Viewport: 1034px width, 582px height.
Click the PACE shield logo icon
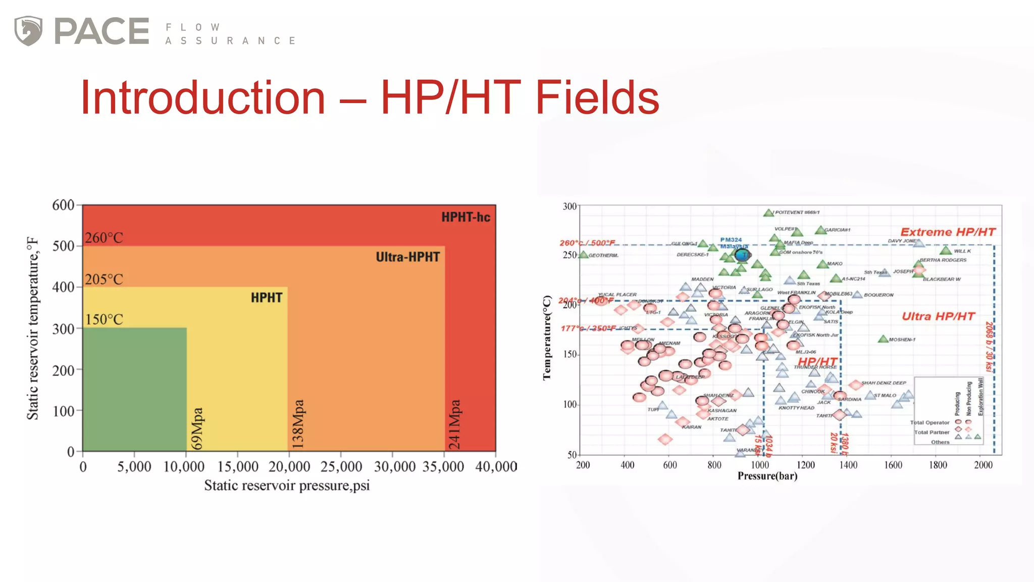click(28, 31)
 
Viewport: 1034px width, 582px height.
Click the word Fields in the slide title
click(597, 98)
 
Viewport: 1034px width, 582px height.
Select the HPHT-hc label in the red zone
click(466, 217)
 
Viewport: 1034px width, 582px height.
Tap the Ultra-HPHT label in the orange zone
click(407, 257)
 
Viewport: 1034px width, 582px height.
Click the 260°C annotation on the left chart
click(104, 237)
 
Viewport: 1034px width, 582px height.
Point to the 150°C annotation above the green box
click(104, 319)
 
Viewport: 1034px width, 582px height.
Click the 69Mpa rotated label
click(197, 428)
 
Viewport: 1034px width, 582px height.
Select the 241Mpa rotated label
click(455, 424)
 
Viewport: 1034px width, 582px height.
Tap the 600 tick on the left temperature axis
click(64, 205)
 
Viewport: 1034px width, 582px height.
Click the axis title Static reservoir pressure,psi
click(287, 486)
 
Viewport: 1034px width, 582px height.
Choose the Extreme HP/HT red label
click(948, 232)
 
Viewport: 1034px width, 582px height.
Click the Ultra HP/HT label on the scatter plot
click(938, 316)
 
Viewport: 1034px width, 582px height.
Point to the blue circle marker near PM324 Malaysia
click(742, 255)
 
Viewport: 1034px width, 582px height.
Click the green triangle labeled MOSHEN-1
click(883, 339)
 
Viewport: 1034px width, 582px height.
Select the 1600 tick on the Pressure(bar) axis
click(893, 465)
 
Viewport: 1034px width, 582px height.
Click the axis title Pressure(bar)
click(767, 476)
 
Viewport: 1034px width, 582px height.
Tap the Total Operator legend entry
click(929, 422)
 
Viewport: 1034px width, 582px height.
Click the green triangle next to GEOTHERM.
click(584, 255)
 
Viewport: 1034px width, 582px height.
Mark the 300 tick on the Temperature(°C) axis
click(570, 206)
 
